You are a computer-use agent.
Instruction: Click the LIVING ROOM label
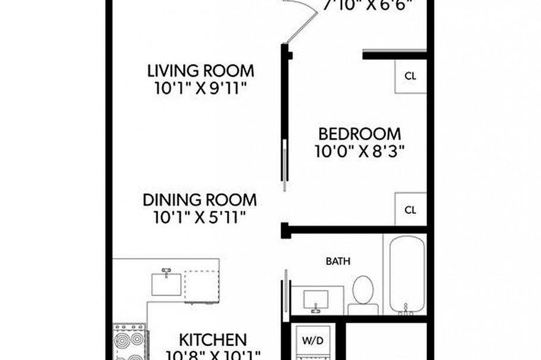[200, 71]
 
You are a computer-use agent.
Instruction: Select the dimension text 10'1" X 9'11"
[200, 89]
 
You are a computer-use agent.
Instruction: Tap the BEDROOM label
[359, 134]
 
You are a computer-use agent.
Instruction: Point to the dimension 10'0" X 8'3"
[359, 151]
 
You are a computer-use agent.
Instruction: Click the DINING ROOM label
[200, 200]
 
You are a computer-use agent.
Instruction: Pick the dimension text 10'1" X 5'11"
[200, 217]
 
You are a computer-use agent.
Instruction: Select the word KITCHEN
[213, 340]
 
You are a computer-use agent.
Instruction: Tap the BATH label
[338, 261]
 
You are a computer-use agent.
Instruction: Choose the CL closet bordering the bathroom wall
[411, 210]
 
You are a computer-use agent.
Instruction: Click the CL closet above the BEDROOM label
[411, 76]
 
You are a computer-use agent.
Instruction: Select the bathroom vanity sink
[315, 300]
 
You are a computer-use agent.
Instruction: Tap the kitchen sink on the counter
[166, 282]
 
